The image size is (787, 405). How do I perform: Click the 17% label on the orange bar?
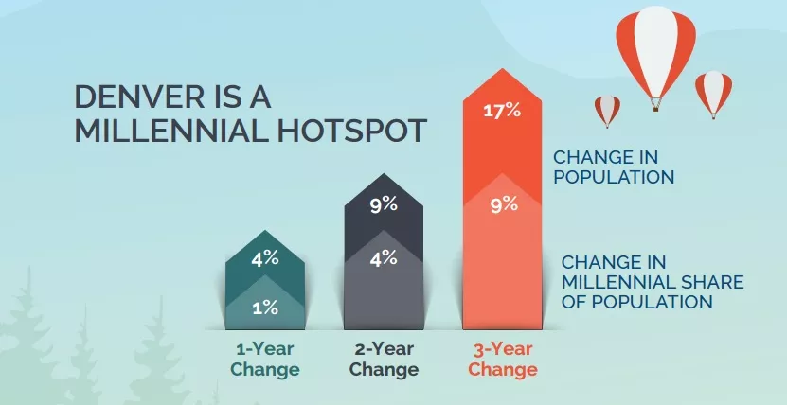(x=502, y=111)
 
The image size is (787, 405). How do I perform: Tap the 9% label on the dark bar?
(x=384, y=204)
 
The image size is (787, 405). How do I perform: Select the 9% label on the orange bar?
(x=504, y=204)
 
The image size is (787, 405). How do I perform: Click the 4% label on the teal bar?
(x=265, y=258)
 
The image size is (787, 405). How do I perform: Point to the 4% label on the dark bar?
(x=384, y=258)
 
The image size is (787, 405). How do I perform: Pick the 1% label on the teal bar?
(x=265, y=308)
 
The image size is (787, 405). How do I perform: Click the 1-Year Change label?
(x=265, y=359)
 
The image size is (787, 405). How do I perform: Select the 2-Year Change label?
(x=384, y=359)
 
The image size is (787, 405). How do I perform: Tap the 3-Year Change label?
(x=503, y=359)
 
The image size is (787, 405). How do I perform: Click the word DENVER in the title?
(x=139, y=97)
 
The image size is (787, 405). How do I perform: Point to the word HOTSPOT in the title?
(x=352, y=131)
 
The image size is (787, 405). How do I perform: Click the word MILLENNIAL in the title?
(x=171, y=131)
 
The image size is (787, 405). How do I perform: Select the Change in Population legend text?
(x=614, y=167)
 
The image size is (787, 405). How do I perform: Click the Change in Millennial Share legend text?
(x=652, y=282)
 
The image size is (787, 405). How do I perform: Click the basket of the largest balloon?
(x=655, y=106)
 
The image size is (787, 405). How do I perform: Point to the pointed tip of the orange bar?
(x=503, y=69)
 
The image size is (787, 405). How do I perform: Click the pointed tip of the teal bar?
(x=265, y=231)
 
